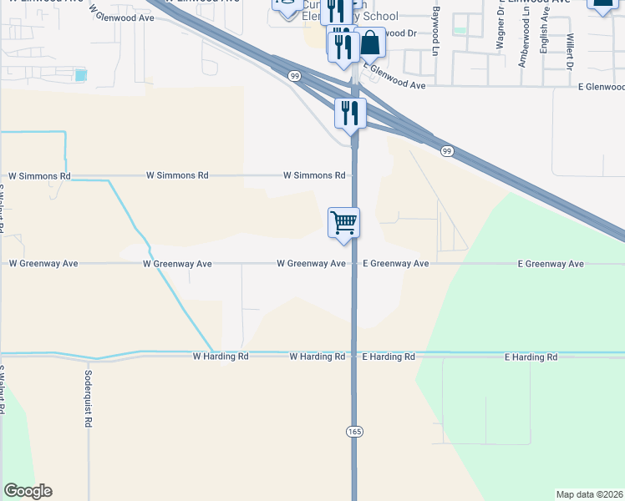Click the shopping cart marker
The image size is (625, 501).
(x=343, y=224)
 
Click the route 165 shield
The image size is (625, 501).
(x=353, y=431)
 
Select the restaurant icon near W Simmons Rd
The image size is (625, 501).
(x=350, y=113)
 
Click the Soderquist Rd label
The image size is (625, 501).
(x=87, y=396)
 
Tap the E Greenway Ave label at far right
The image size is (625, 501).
(x=550, y=264)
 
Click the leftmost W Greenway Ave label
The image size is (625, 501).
(x=43, y=264)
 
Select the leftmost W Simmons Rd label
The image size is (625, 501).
(x=39, y=176)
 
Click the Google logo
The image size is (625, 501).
(x=28, y=491)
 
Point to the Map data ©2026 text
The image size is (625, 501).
(x=589, y=494)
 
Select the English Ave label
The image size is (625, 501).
(x=545, y=37)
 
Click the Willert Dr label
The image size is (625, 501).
(x=569, y=52)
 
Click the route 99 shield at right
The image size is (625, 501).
(x=447, y=150)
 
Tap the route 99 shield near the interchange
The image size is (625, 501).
(x=295, y=76)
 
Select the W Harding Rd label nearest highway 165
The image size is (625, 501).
(x=318, y=357)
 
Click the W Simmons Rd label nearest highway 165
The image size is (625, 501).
(x=314, y=176)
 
